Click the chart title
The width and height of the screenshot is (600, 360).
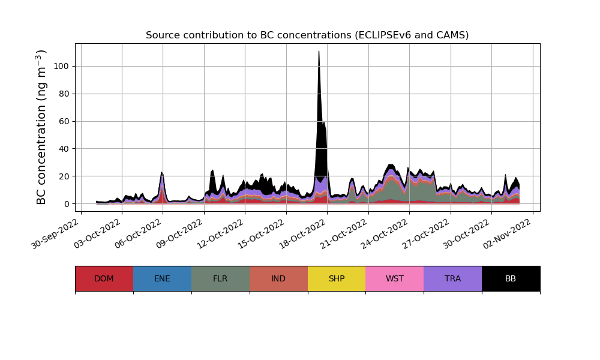pos(307,35)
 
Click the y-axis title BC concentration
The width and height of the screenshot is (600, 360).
pos(41,127)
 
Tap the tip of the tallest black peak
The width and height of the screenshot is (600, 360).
pos(319,52)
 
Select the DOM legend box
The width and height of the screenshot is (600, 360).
pos(104,278)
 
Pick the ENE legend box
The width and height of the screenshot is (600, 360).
pos(162,278)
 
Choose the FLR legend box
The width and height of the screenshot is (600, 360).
pos(220,278)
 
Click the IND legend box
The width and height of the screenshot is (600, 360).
pos(278,278)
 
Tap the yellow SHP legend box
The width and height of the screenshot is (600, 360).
pos(337,278)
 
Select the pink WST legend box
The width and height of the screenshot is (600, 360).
pos(394,278)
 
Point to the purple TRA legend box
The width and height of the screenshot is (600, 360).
pos(452,278)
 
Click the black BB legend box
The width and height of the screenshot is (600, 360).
pos(511,278)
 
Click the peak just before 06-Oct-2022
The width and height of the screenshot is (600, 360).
pos(161,173)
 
